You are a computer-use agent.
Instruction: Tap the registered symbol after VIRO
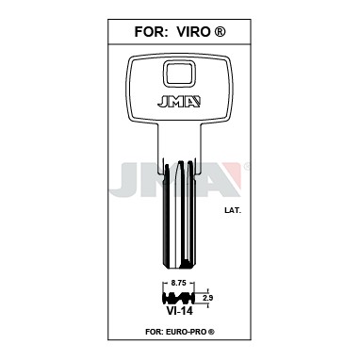(220, 31)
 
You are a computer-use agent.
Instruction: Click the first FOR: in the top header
(150, 31)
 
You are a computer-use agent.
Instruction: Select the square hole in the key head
(178, 74)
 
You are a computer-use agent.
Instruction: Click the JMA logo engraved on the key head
(179, 102)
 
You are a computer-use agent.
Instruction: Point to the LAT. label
(233, 211)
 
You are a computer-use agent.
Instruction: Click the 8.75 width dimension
(178, 283)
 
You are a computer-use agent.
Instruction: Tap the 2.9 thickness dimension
(207, 298)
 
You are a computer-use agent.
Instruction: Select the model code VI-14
(178, 311)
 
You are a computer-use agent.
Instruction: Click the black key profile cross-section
(178, 298)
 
